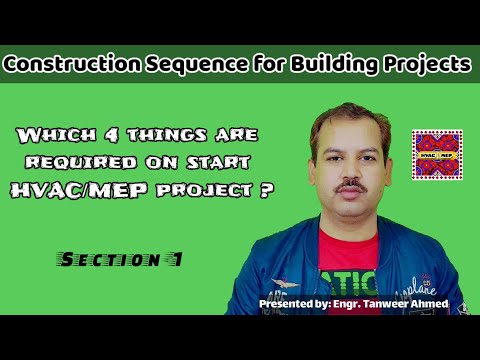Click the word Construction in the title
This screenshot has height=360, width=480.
67,64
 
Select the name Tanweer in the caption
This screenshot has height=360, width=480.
386,301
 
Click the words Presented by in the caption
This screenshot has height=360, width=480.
291,301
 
